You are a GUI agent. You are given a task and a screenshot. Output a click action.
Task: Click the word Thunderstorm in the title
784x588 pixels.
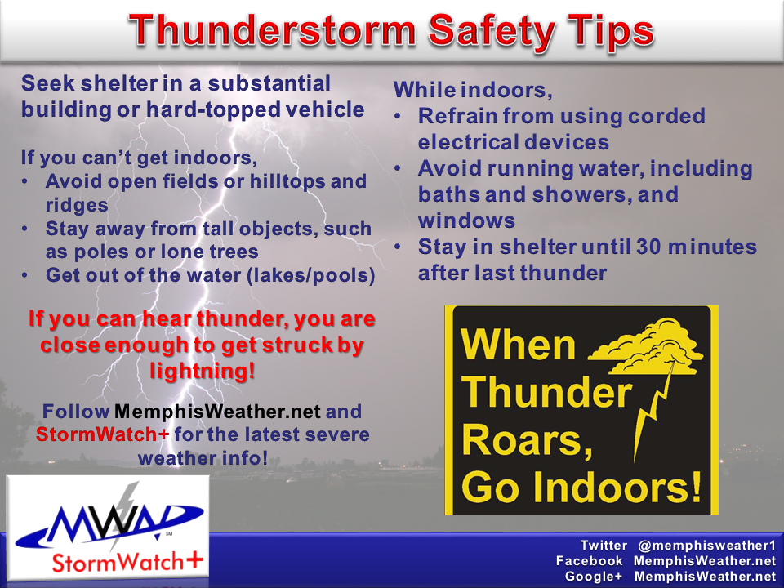(273, 31)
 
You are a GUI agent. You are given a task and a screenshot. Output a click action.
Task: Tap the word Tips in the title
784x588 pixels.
(611, 33)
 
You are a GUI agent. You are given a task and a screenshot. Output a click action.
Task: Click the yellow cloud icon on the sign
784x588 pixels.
(647, 346)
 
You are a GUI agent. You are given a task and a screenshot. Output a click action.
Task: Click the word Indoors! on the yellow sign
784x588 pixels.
(617, 487)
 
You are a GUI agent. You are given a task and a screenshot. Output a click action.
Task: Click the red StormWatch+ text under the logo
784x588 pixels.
(127, 562)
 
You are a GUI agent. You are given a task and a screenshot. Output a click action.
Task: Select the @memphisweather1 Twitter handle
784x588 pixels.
(706, 545)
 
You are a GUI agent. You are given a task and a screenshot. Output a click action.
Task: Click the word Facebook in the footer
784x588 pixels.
(590, 560)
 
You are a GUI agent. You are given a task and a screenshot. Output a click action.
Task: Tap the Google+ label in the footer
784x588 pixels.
(594, 577)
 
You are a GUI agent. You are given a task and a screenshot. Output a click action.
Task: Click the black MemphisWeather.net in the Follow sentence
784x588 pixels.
(217, 412)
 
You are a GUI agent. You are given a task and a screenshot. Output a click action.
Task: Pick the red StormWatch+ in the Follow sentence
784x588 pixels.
(103, 434)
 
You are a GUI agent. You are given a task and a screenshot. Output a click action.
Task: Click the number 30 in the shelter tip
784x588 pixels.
(648, 247)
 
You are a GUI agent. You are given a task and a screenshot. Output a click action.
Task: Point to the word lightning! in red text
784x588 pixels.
(203, 371)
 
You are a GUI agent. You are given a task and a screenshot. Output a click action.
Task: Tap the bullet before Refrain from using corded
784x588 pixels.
(398, 117)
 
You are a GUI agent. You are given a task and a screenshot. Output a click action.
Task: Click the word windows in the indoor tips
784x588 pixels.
(466, 220)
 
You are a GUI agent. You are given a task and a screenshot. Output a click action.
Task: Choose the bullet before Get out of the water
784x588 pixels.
(25, 275)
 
